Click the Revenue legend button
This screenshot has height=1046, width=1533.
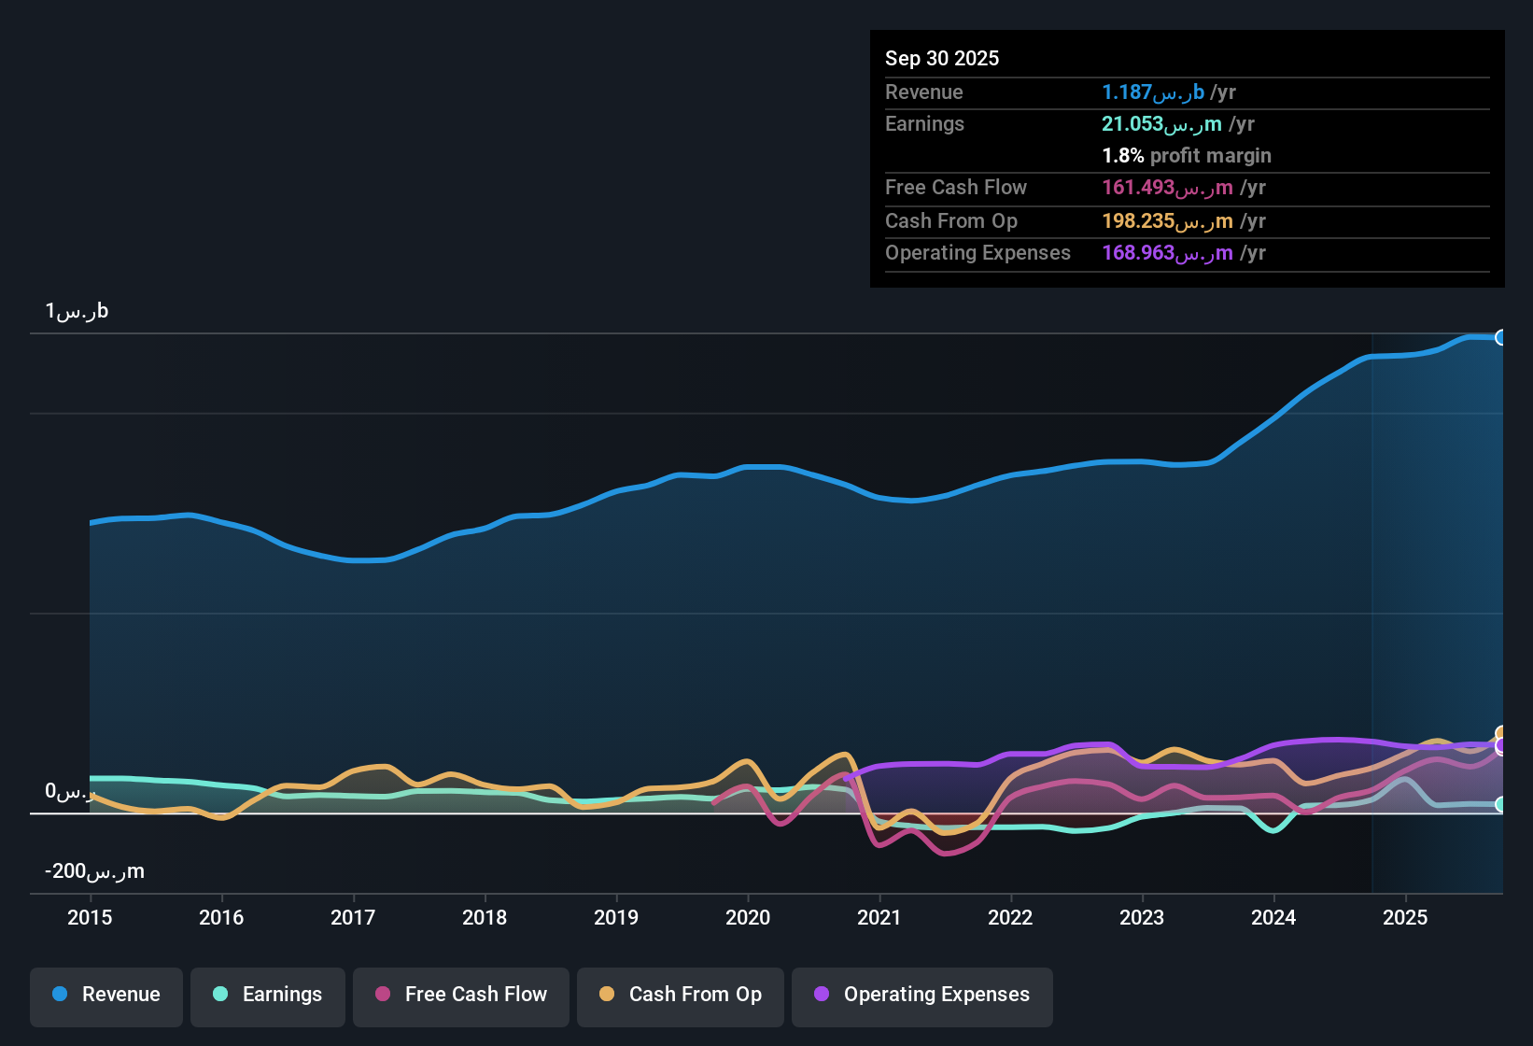coord(106,995)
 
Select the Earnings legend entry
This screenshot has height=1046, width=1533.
coord(268,995)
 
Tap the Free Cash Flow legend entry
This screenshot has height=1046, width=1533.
coord(461,995)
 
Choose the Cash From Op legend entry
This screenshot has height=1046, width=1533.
coord(681,995)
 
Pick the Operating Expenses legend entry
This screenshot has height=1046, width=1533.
coord(922,995)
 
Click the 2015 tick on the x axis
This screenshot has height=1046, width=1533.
coord(90,917)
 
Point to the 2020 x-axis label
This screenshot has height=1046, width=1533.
coord(748,917)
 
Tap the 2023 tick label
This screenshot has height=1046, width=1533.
coord(1142,917)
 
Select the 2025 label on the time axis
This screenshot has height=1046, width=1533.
coord(1405,917)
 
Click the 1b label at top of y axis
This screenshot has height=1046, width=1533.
coord(77,311)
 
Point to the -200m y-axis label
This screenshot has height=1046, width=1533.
coord(94,871)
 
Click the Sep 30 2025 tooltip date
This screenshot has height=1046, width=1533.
coord(942,58)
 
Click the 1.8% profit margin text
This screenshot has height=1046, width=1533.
coord(1187,156)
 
